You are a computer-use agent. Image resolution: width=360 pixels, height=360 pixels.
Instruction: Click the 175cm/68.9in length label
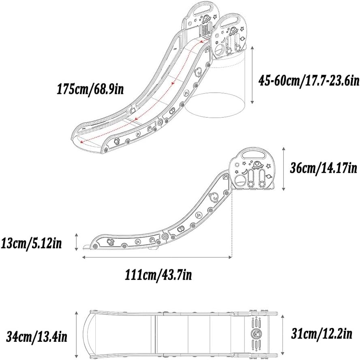pyautogui.click(x=90, y=89)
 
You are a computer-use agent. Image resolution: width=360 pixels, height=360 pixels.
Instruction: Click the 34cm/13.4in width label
pyautogui.click(x=37, y=337)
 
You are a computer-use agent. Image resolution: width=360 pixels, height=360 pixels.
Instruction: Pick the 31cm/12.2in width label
pyautogui.click(x=321, y=333)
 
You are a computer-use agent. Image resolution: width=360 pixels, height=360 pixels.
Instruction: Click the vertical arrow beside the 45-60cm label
pyautogui.click(x=252, y=75)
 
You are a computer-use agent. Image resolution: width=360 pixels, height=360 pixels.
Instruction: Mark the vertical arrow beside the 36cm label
pyautogui.click(x=284, y=169)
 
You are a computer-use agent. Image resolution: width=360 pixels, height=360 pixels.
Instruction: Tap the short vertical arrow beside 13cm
pyautogui.click(x=77, y=242)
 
